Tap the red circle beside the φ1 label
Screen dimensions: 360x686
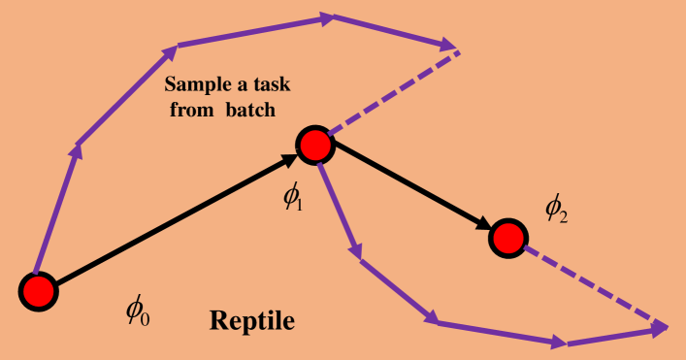314,146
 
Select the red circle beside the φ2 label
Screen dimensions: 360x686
506,237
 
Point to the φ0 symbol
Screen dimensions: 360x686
137,311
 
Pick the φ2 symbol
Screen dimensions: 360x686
556,207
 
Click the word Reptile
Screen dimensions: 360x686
253,319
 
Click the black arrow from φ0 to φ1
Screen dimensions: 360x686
175,219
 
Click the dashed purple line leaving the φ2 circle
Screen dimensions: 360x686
592,285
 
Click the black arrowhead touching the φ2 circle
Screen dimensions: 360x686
484,226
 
